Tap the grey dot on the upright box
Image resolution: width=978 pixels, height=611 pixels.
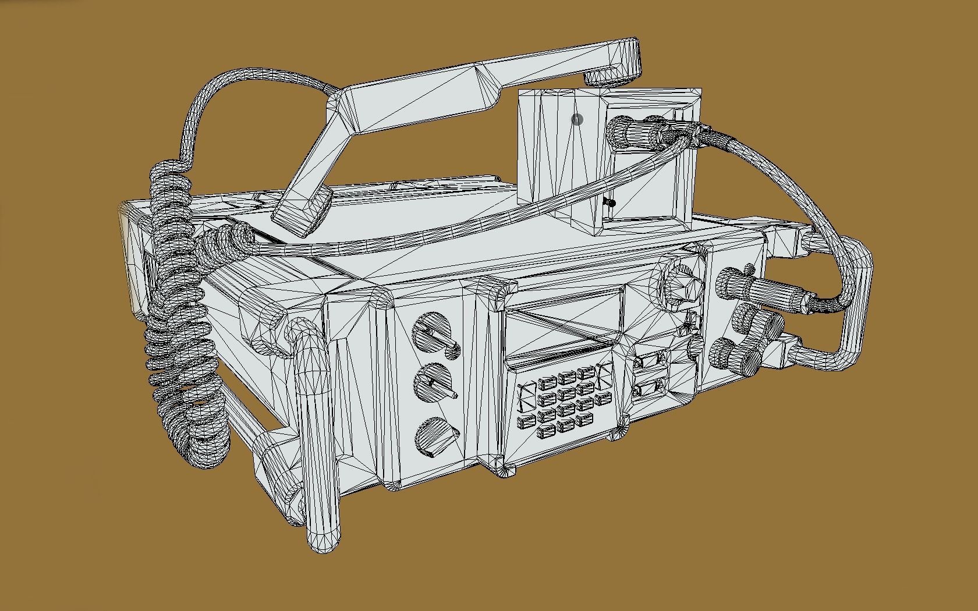[x=577, y=120]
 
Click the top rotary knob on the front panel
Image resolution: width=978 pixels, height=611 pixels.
[x=433, y=333]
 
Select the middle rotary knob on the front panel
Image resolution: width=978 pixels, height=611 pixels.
[x=434, y=383]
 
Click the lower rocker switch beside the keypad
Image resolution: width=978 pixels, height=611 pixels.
[x=650, y=388]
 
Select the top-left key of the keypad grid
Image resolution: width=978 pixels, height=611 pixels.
[x=548, y=383]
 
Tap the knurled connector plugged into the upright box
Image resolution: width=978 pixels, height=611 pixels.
[x=622, y=132]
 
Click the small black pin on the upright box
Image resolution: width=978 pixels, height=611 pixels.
[x=610, y=203]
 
